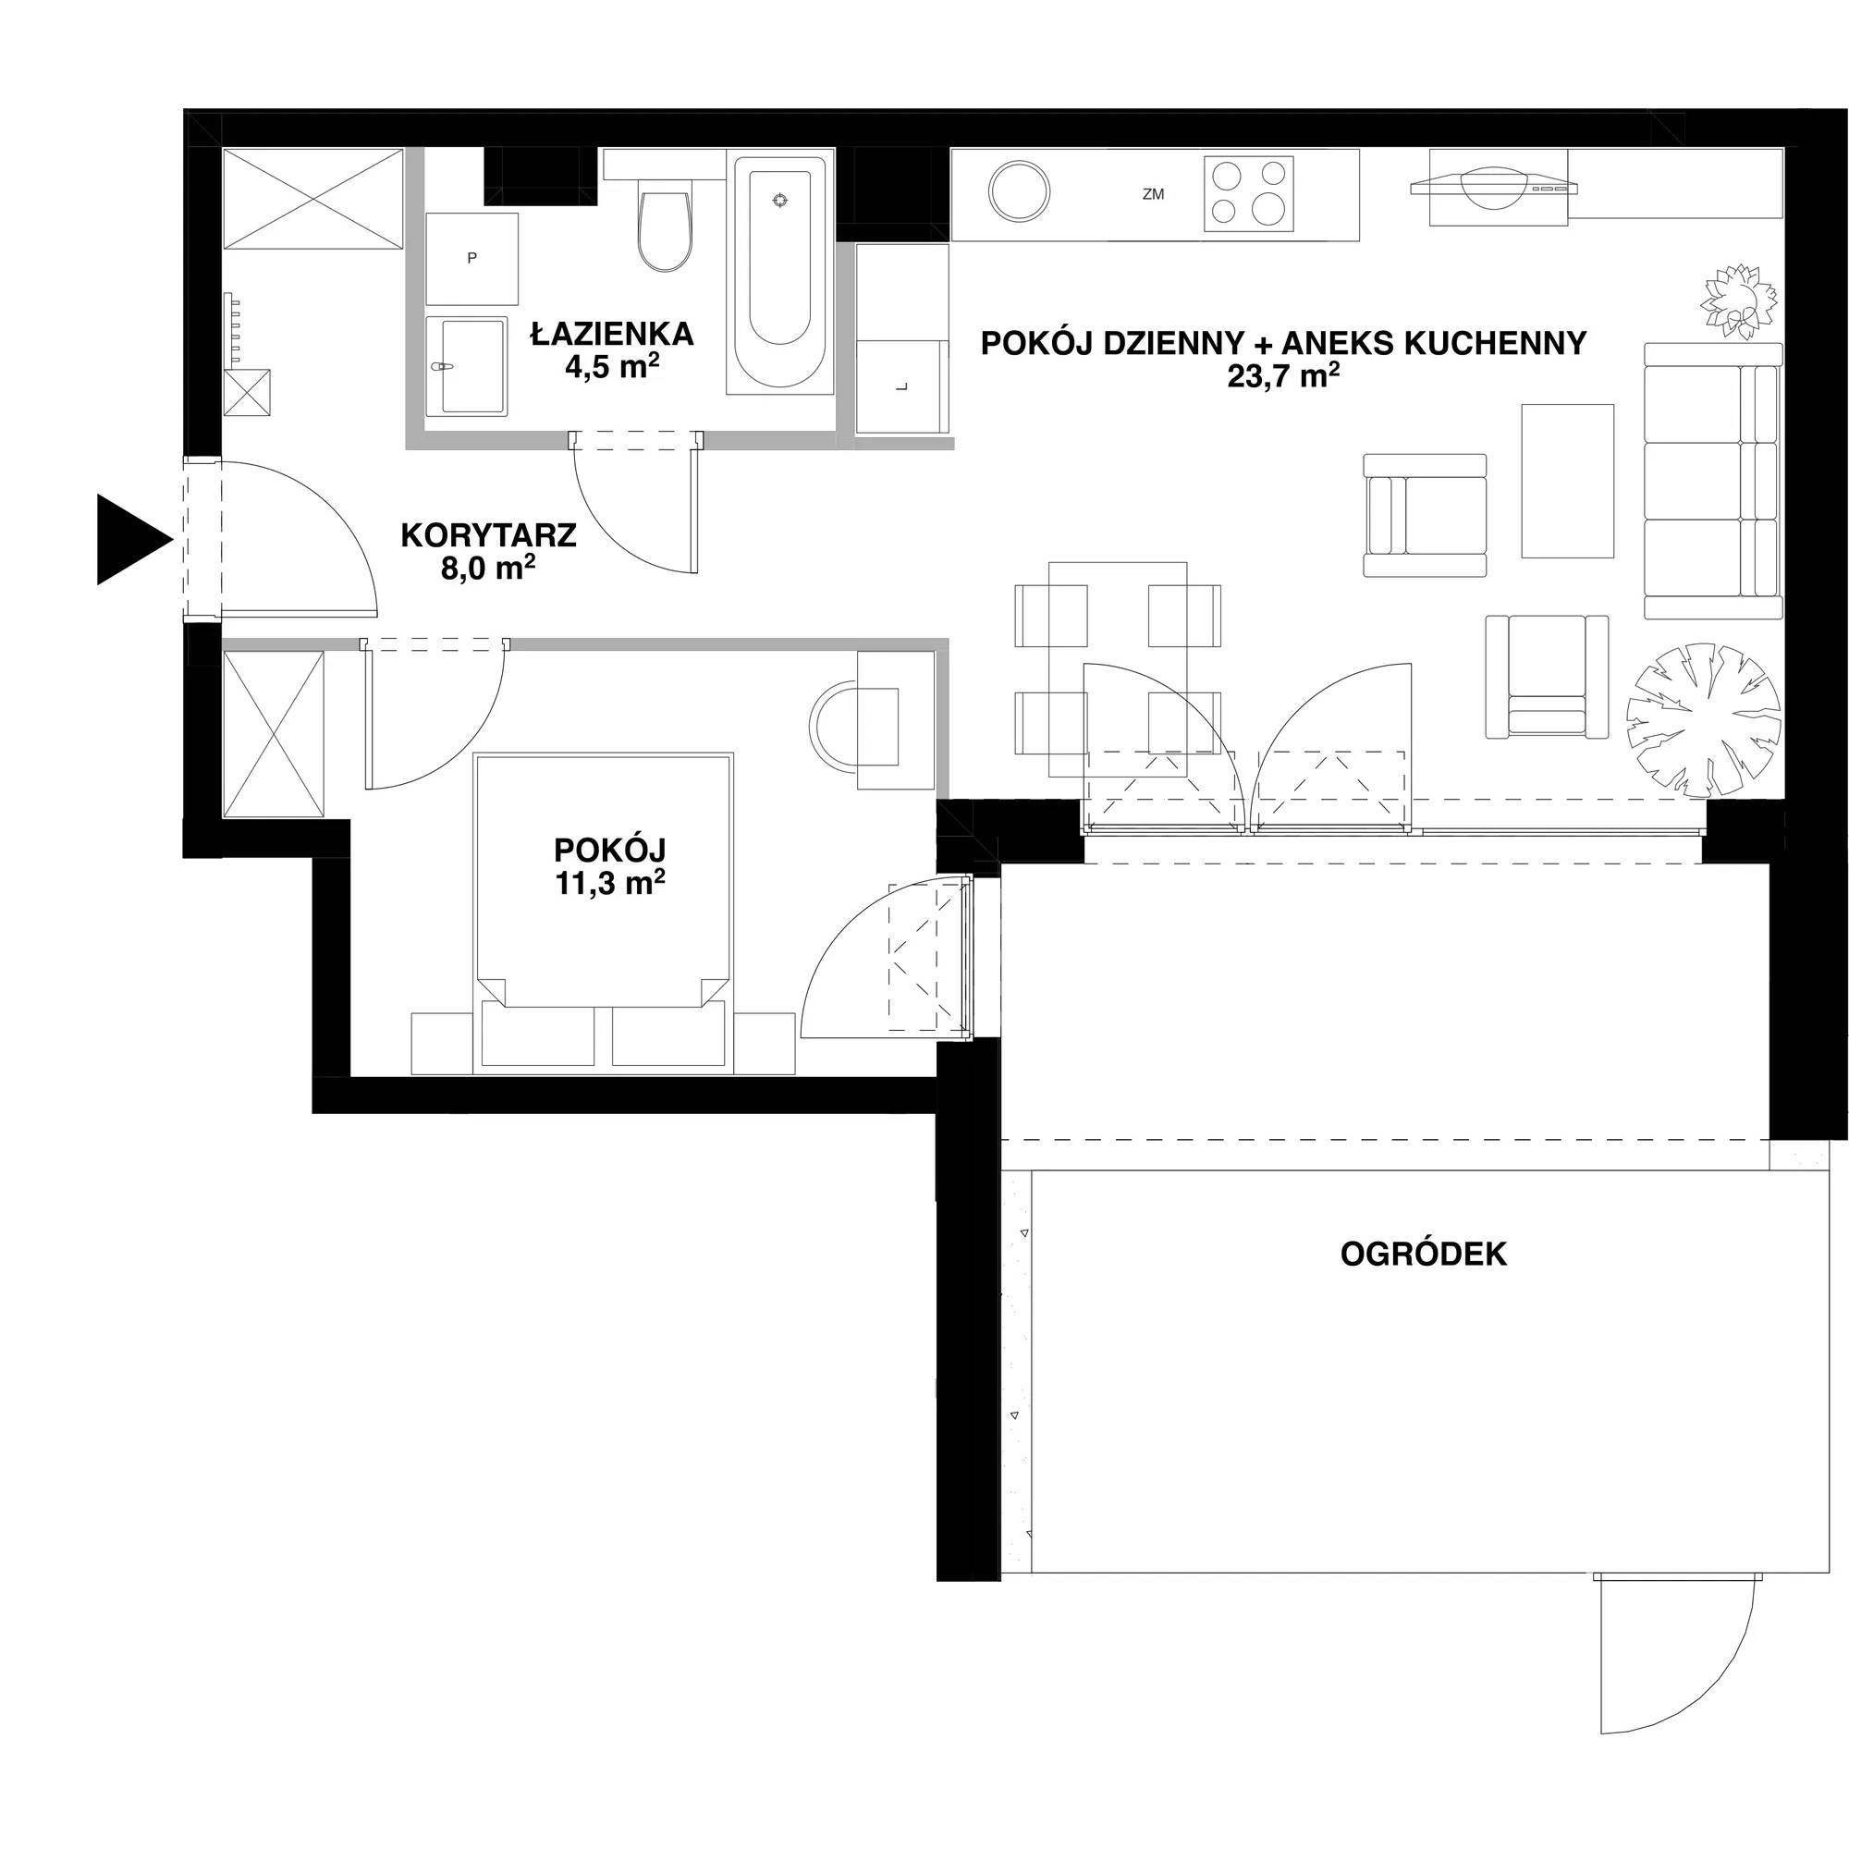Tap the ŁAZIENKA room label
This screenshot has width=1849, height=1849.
(613, 334)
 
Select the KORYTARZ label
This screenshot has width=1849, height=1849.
(488, 535)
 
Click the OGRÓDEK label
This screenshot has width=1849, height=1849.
(1423, 1254)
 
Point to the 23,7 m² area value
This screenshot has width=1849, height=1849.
(1283, 376)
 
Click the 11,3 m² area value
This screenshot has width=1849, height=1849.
(609, 882)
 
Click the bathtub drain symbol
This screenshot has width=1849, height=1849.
(782, 199)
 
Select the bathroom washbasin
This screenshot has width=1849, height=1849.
(465, 366)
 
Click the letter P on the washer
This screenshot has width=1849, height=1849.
(471, 257)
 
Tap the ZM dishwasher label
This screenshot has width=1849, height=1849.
(1153, 194)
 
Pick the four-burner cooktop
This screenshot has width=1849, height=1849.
(1249, 193)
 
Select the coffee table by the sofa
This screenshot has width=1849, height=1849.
(1568, 481)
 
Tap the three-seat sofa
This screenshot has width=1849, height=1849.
(1713, 481)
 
